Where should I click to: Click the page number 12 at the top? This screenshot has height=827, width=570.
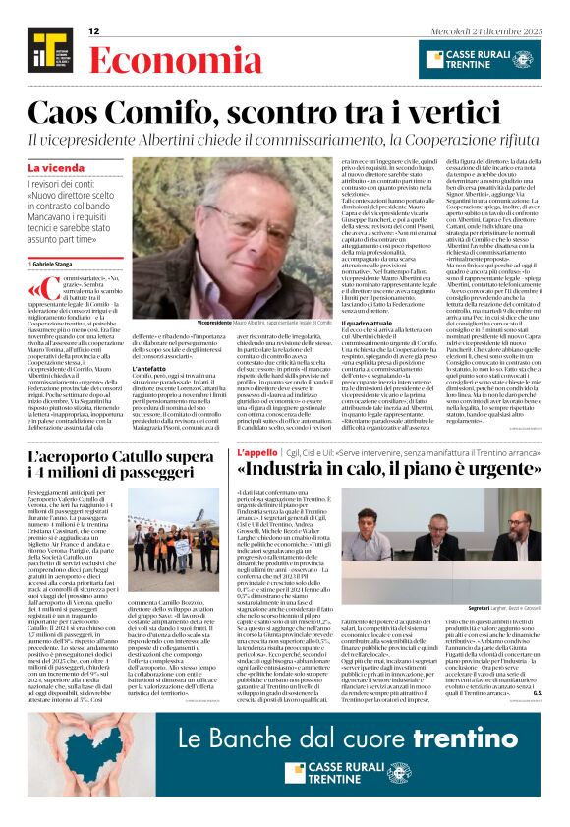pyautogui.click(x=94, y=31)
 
